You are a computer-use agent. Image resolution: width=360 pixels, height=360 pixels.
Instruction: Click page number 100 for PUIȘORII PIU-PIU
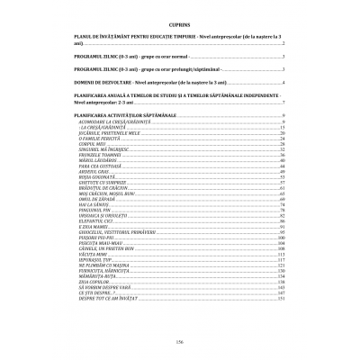[x=281, y=236]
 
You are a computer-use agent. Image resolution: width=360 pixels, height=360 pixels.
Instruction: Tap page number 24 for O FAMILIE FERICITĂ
[x=283, y=139]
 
